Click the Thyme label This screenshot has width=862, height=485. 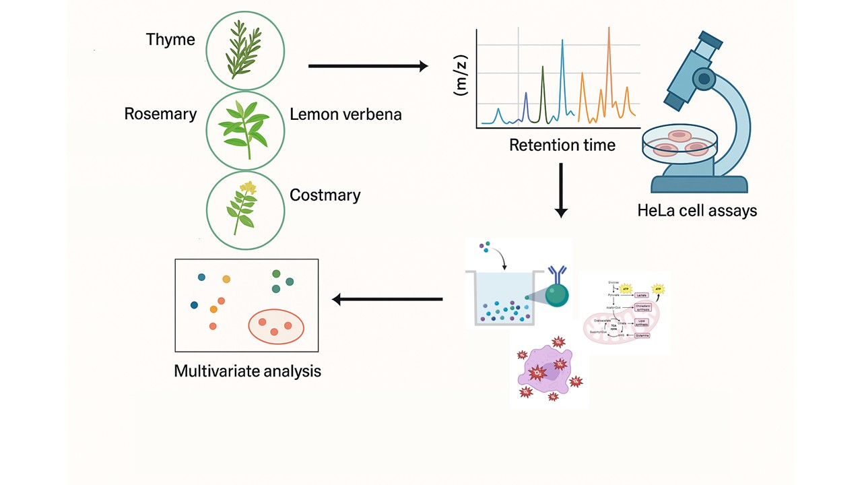point(170,40)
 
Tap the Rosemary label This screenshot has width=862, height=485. point(160,114)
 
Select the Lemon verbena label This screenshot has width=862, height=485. point(345,115)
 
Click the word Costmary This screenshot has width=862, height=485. point(325,195)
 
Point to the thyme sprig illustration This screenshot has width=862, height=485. point(244,49)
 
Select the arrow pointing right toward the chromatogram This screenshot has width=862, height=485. point(368,66)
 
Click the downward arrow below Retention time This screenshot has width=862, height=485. point(560,190)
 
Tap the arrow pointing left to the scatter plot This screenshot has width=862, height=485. point(387,299)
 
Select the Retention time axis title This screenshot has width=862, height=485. point(562,145)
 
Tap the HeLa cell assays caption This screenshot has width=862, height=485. point(697,211)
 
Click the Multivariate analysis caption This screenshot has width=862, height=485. point(247,370)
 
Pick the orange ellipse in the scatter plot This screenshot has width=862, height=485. point(276,326)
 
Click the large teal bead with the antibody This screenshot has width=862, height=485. point(557,294)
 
